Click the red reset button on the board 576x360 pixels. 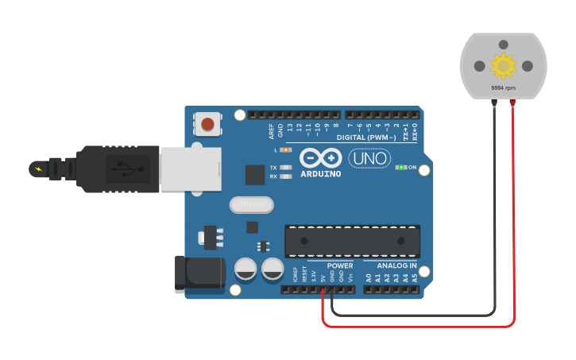[207, 124]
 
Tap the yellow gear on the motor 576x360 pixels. [503, 65]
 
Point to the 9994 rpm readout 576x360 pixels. [503, 87]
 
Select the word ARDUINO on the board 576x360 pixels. [321, 174]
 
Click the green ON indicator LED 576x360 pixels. [402, 167]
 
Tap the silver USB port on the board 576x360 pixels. [191, 168]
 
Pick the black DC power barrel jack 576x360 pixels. [199, 273]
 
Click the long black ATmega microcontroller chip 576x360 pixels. [353, 241]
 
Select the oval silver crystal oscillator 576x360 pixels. [251, 205]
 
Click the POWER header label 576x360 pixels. [340, 265]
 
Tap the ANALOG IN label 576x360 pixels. [396, 265]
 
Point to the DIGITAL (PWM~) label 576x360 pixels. [368, 137]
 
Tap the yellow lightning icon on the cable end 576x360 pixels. [38, 168]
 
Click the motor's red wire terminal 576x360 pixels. [512, 103]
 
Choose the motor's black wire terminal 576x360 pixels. [493, 103]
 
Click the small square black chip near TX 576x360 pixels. [255, 175]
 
